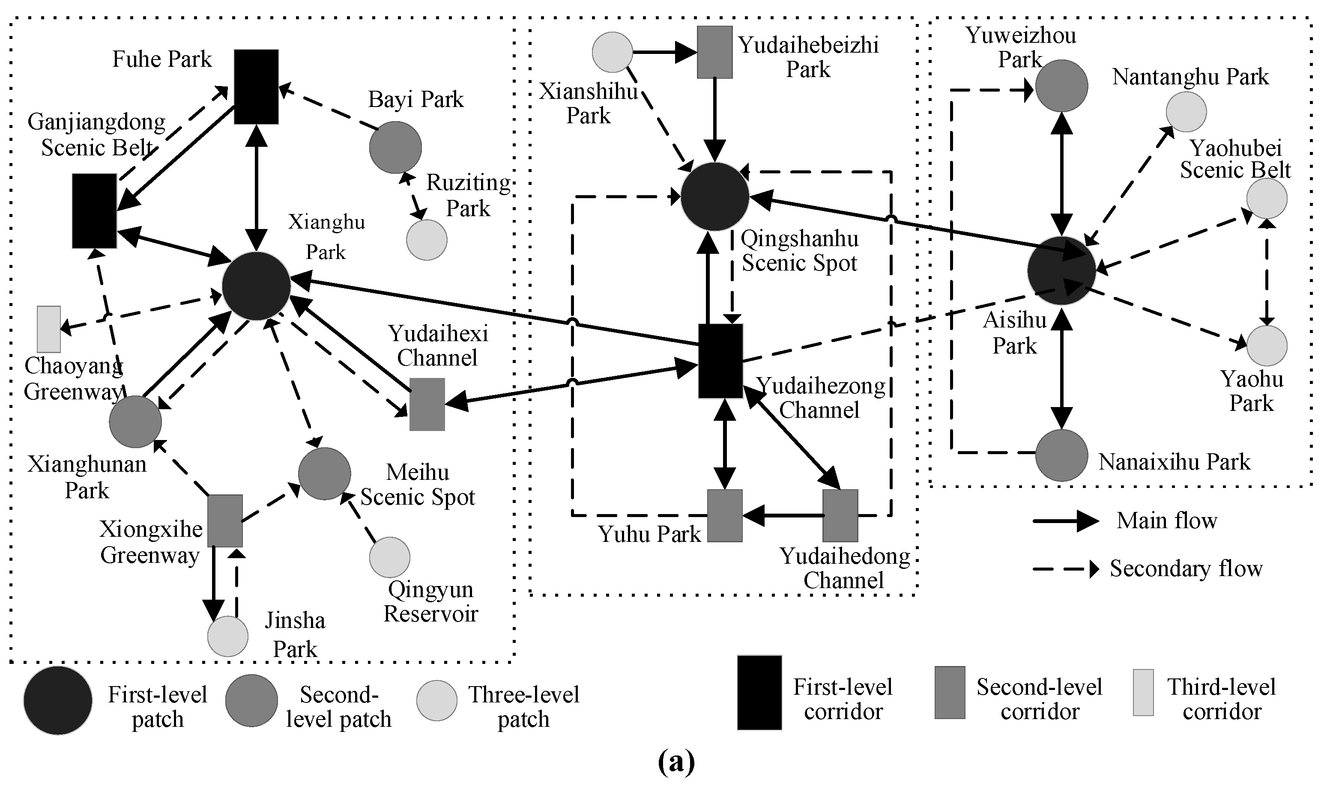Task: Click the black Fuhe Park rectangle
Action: tap(257, 86)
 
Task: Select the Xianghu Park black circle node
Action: tap(256, 285)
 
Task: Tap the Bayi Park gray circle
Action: tap(395, 147)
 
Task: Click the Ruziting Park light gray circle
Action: tap(427, 239)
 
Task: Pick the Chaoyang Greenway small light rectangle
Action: tap(49, 329)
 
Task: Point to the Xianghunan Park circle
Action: tap(135, 422)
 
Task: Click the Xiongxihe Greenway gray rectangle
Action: tap(225, 520)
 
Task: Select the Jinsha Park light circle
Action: tap(227, 636)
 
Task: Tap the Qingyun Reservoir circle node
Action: tap(389, 557)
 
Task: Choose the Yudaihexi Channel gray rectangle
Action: tap(427, 404)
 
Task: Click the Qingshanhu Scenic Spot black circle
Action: tap(714, 196)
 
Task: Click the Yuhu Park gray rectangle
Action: tap(725, 515)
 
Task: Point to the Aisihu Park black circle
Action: tap(1061, 270)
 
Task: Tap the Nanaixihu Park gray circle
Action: tap(1061, 455)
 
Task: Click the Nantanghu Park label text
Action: tap(1190, 77)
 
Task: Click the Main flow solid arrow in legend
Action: tap(1065, 521)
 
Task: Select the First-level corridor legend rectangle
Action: tap(759, 693)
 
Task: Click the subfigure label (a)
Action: tap(676, 762)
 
